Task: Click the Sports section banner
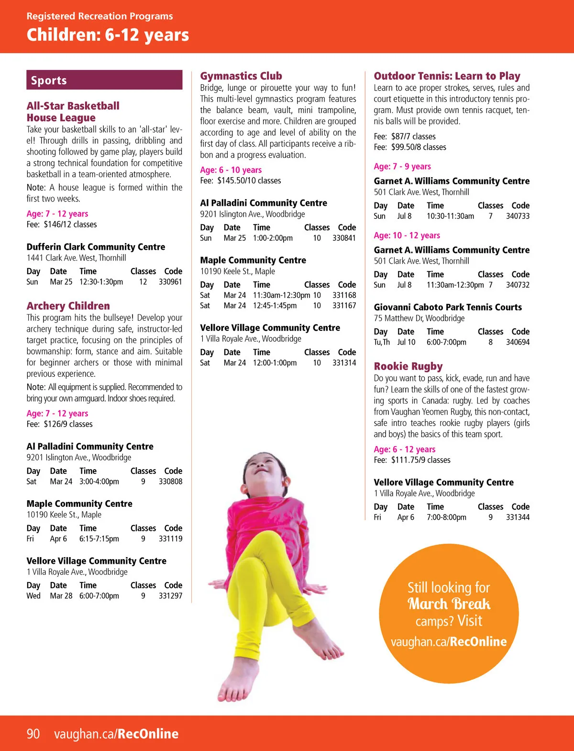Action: tap(104, 80)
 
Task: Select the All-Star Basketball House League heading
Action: tap(73, 112)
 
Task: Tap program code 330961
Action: tap(170, 282)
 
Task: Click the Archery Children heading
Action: tap(68, 306)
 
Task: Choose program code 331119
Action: tap(170, 538)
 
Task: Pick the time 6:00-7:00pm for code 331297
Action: tap(99, 596)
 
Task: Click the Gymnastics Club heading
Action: tap(241, 76)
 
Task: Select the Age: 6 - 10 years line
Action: tap(231, 170)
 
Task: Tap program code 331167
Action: tap(344, 305)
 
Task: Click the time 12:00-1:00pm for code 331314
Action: tap(275, 363)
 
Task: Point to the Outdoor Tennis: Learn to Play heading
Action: tap(447, 76)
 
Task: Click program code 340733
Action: tap(518, 216)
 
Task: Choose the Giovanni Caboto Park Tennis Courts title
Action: tap(448, 307)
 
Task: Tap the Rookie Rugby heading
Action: tap(408, 366)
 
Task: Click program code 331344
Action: tap(518, 517)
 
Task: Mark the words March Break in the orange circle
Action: tap(449, 604)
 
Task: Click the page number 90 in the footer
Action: tap(33, 734)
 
